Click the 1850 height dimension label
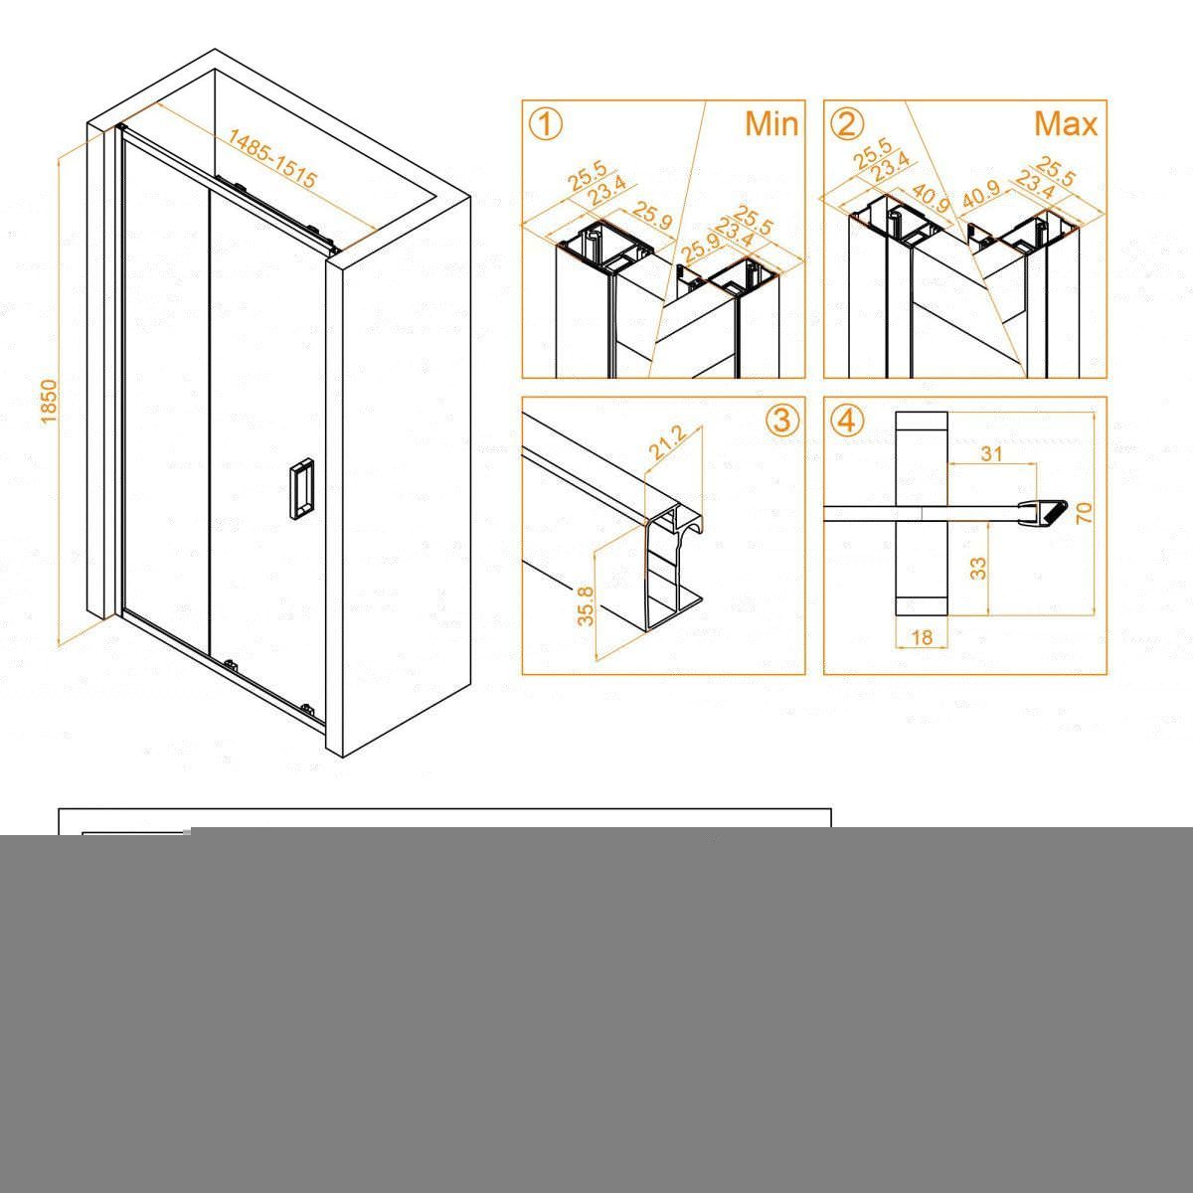(x=49, y=402)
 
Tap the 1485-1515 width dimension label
(x=272, y=158)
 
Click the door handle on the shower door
(x=301, y=485)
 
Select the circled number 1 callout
(x=546, y=124)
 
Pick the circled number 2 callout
(x=847, y=124)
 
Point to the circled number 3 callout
(x=782, y=421)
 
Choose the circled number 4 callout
(x=847, y=421)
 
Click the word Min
(x=771, y=124)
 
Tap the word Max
(x=1066, y=124)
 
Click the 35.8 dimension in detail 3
(x=586, y=606)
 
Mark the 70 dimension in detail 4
(x=1085, y=513)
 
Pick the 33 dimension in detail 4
(x=978, y=568)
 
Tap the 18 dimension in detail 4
(x=923, y=637)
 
